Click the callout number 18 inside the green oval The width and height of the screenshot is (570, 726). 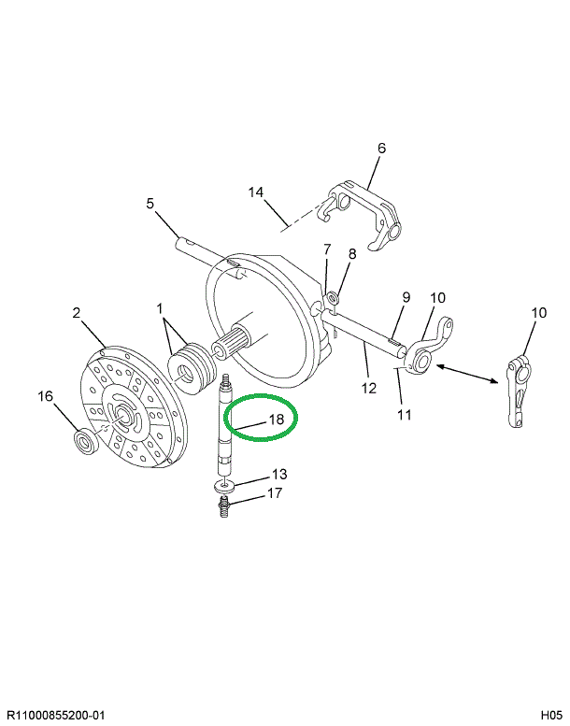pos(276,420)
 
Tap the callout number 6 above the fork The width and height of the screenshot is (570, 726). pos(381,148)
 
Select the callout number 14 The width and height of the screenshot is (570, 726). pos(256,192)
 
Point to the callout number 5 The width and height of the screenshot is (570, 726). pos(149,203)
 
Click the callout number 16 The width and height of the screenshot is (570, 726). pos(44,396)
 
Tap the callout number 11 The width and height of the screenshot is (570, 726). pos(403,414)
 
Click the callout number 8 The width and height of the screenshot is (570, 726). pos(352,253)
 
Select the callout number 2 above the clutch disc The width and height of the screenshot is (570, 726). pos(77,314)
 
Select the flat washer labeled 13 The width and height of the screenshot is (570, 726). pos(223,487)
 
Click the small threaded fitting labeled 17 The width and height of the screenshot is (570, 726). pos(223,509)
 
